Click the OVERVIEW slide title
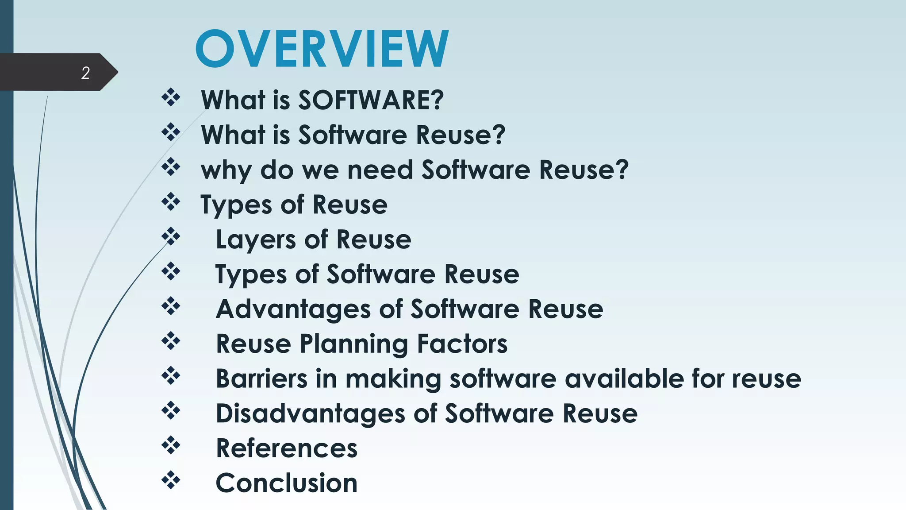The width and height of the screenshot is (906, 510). pyautogui.click(x=322, y=49)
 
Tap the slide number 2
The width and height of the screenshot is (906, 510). pyautogui.click(x=85, y=73)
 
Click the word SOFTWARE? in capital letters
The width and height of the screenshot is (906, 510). pyautogui.click(x=371, y=100)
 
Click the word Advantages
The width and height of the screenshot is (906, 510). pyautogui.click(x=293, y=309)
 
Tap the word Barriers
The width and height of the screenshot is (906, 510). pyautogui.click(x=261, y=379)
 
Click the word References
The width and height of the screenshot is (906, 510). pyautogui.click(x=287, y=448)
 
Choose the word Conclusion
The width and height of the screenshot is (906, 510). pyautogui.click(x=287, y=483)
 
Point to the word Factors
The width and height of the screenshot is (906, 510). pyautogui.click(x=462, y=344)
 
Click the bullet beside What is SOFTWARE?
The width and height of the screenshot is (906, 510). pyautogui.click(x=171, y=97)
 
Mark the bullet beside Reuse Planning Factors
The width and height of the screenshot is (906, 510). pyautogui.click(x=171, y=341)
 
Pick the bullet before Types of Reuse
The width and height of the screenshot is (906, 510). pyautogui.click(x=171, y=202)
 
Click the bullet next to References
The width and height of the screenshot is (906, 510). pyautogui.click(x=171, y=445)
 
